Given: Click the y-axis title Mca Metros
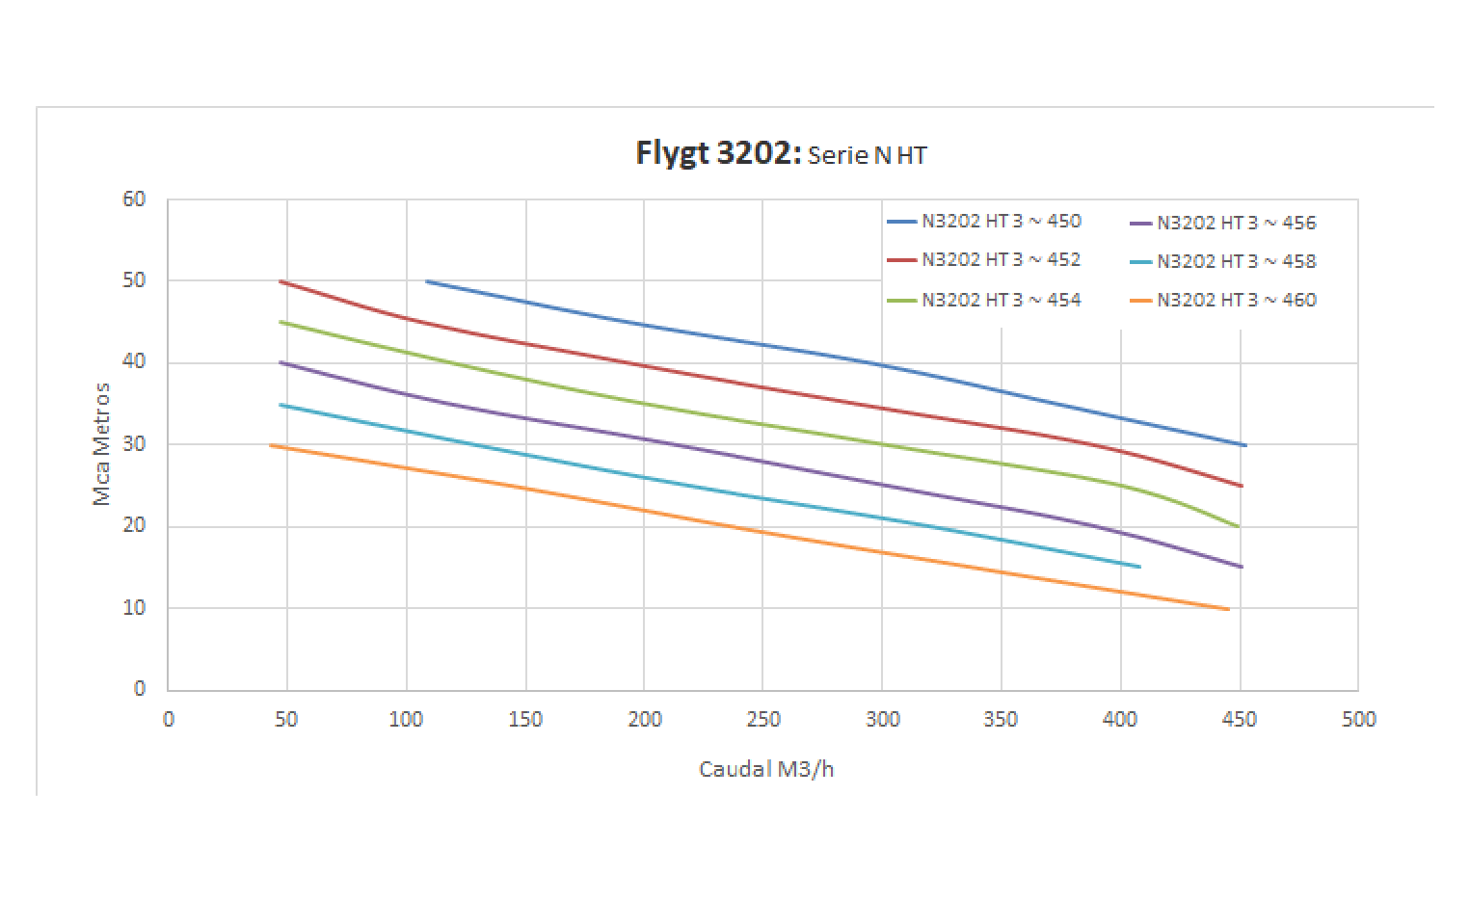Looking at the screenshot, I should click(101, 443).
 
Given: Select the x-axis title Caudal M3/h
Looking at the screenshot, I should click(766, 769).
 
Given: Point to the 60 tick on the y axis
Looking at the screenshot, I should click(134, 199).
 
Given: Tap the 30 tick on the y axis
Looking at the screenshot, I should click(134, 444).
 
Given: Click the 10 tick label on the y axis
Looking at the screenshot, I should click(134, 608).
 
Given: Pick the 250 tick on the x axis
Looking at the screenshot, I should click(762, 719).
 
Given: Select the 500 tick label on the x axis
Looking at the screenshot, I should click(1358, 719).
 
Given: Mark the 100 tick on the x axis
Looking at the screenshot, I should click(406, 719).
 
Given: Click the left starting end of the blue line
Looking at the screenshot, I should click(426, 281).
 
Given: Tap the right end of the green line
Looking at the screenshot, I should click(1238, 526).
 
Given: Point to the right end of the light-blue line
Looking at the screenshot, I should click(1139, 567).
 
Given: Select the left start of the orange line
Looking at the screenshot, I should click(271, 444).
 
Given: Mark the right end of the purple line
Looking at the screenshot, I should click(1242, 567).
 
